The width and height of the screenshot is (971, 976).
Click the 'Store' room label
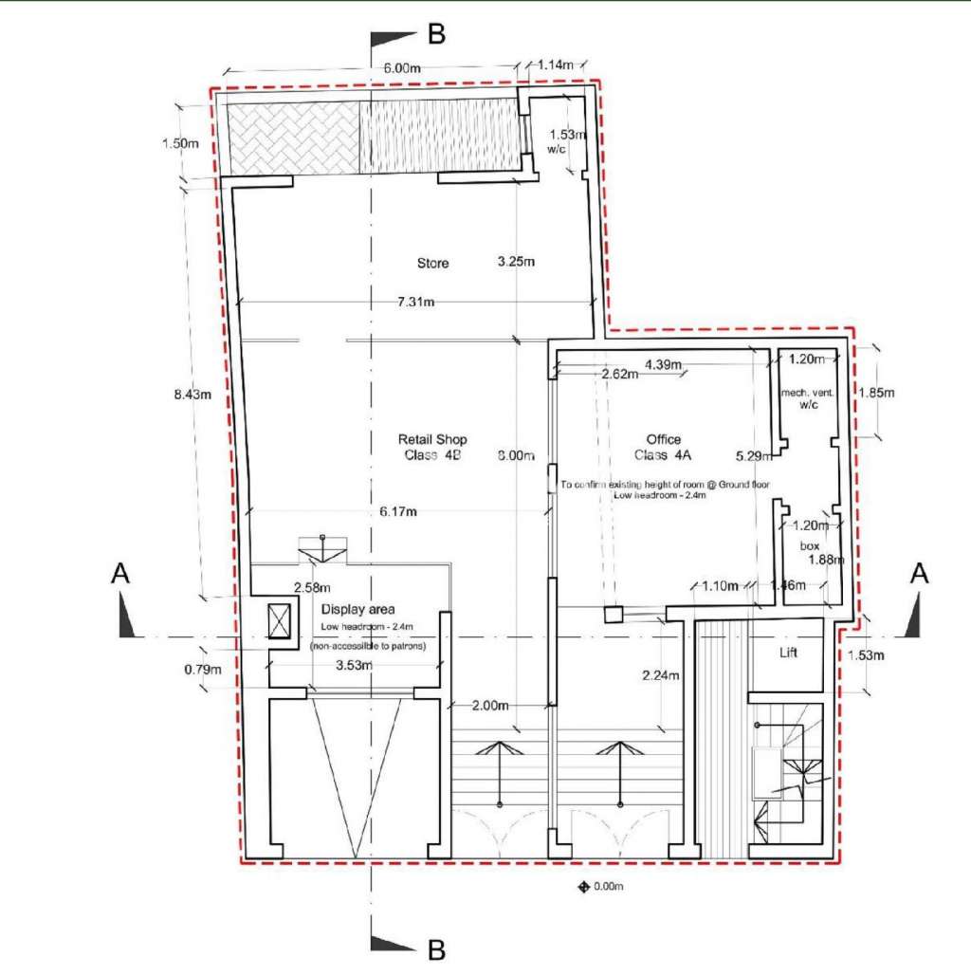[x=432, y=263]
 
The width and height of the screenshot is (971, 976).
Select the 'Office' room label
[x=664, y=440]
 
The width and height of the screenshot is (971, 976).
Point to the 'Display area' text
[x=357, y=609]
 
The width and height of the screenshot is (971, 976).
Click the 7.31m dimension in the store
[x=415, y=303]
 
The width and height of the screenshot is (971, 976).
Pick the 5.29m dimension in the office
[x=753, y=455]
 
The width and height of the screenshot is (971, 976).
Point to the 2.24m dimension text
[x=660, y=676]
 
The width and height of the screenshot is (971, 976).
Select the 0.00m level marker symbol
[x=584, y=888]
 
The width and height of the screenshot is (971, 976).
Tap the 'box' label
[x=810, y=545]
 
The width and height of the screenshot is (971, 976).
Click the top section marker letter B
[x=436, y=35]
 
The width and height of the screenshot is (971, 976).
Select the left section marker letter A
[x=120, y=573]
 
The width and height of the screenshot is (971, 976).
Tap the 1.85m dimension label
[x=877, y=391]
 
